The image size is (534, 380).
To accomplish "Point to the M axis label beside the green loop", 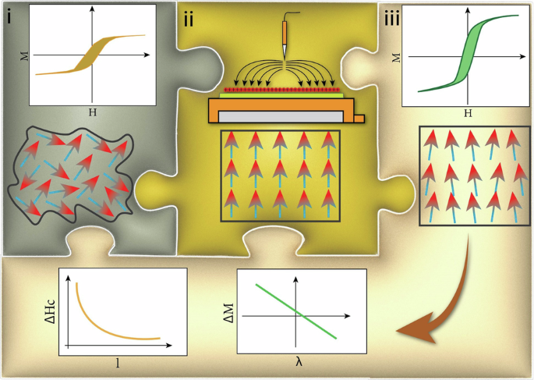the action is click(x=396, y=57).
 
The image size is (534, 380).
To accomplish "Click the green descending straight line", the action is click(x=296, y=312).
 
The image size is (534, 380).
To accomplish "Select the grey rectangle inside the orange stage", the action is click(x=281, y=115).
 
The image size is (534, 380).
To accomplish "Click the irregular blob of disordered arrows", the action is click(x=70, y=176).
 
